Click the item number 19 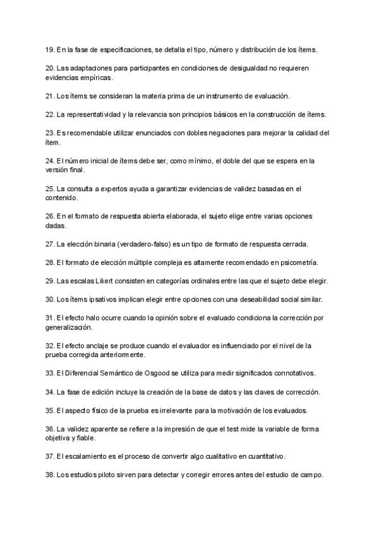click(x=50, y=49)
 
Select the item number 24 click(x=50, y=161)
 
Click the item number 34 click(x=50, y=392)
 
